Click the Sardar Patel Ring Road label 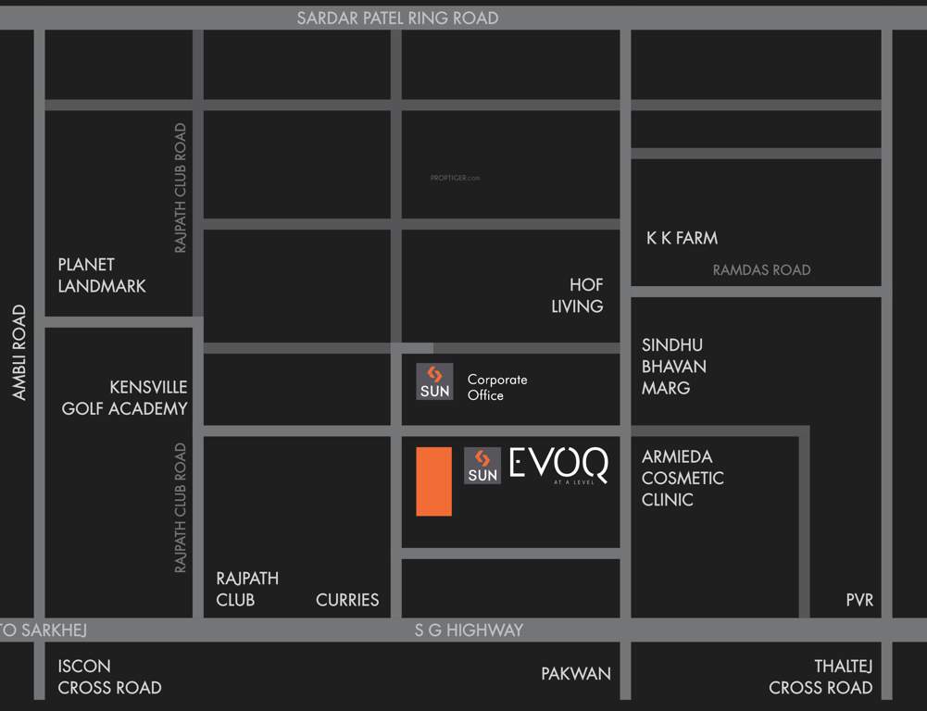[397, 18]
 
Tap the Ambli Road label [19, 353]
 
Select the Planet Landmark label [102, 276]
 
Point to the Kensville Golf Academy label [124, 397]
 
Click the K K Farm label [682, 238]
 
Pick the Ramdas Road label [761, 270]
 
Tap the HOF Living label [577, 295]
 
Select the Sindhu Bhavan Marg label [674, 366]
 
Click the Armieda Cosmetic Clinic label [683, 478]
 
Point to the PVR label [859, 600]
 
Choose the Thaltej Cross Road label [821, 677]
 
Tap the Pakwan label [576, 674]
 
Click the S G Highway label [468, 630]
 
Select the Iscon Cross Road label [109, 677]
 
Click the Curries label [347, 600]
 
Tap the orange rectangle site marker [433, 481]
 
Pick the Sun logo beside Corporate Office [434, 381]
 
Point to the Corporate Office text [497, 387]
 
